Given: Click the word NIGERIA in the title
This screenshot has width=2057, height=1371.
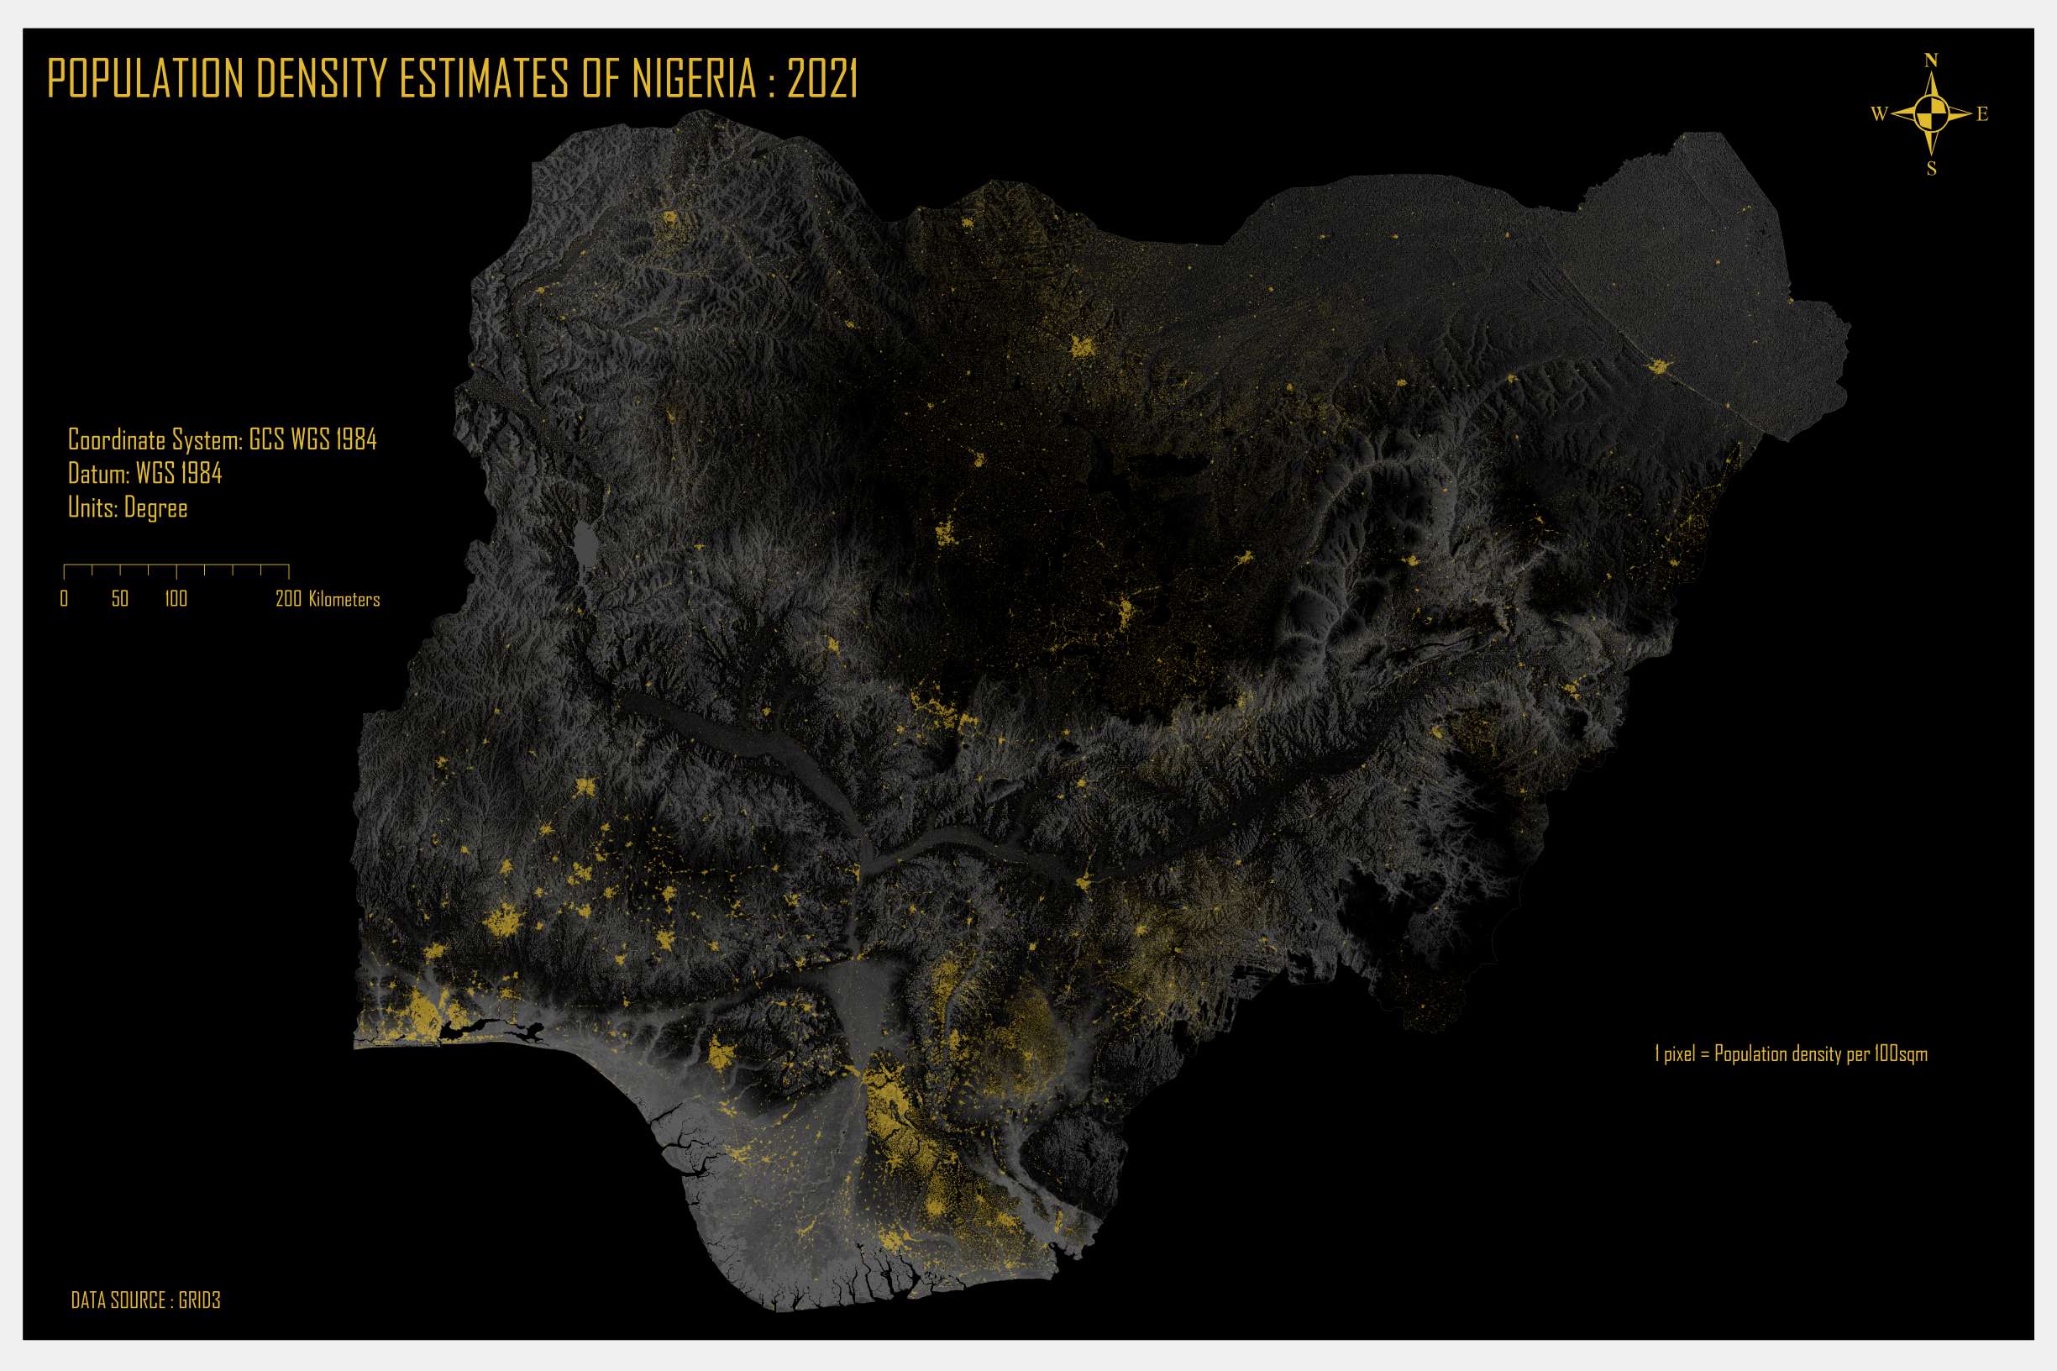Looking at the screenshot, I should (x=694, y=79).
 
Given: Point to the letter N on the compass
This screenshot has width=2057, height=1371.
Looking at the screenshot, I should (x=1931, y=60).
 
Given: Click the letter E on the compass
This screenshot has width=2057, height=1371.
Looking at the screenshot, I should (x=1981, y=113).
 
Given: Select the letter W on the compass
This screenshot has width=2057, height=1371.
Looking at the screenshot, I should (x=1879, y=113).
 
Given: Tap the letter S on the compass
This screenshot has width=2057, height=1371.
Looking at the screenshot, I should (x=1931, y=169).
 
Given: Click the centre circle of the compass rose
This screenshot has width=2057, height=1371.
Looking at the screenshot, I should (x=1931, y=113).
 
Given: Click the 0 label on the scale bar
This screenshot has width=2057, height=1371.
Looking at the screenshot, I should (x=64, y=599).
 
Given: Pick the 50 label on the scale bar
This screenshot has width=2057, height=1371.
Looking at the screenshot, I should (x=120, y=599).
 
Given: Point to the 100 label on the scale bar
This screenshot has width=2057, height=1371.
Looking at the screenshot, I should (x=176, y=599).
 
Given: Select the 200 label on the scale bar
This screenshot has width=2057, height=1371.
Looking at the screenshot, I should (x=288, y=599).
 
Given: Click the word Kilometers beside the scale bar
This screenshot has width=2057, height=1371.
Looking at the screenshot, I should (x=344, y=599).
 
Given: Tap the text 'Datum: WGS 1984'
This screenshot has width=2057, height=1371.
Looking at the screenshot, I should (x=145, y=474).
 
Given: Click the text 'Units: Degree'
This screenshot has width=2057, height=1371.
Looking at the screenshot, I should (x=128, y=508).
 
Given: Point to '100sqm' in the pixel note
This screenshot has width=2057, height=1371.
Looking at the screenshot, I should (x=1901, y=1053).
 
